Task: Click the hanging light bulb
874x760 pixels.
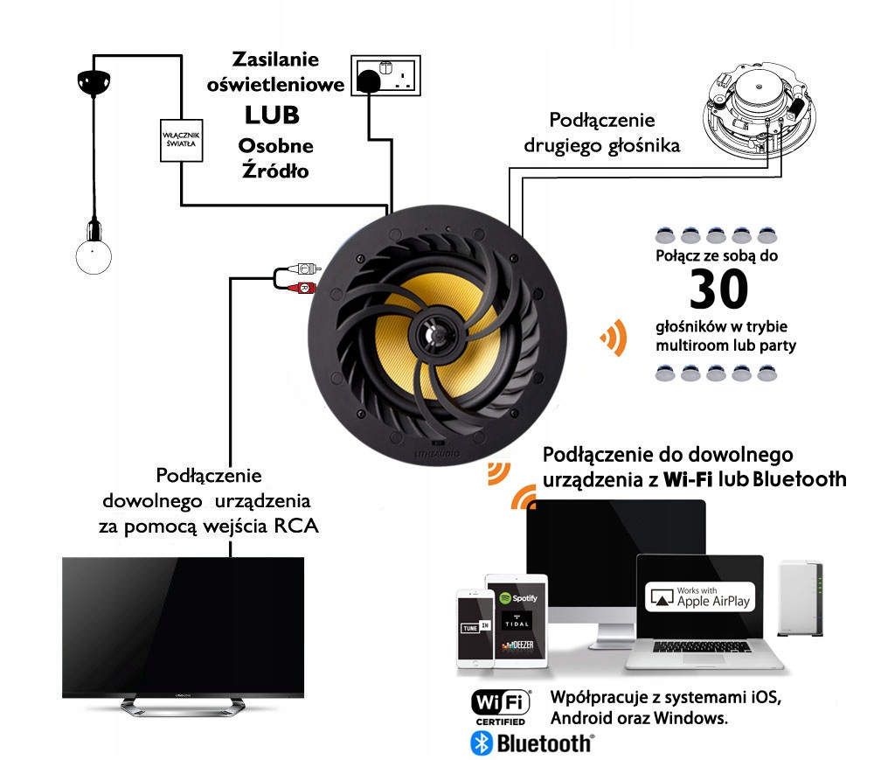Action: [91, 254]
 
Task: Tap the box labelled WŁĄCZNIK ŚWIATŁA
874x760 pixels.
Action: [180, 140]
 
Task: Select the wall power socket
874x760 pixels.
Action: [385, 77]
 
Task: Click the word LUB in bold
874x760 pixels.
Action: [271, 114]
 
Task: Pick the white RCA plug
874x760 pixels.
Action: [302, 269]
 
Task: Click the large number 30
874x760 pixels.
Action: [718, 291]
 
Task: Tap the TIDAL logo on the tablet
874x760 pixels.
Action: [517, 623]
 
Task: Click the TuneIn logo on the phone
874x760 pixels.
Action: [469, 628]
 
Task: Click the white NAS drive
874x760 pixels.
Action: [801, 599]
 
